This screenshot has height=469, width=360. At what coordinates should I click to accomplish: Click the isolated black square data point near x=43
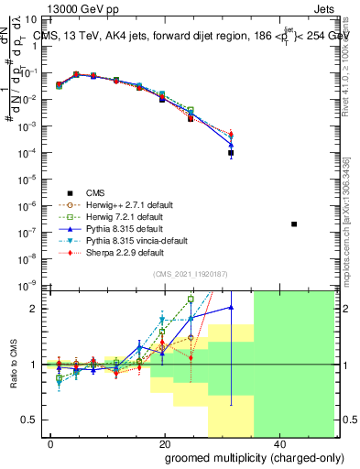(x=293, y=224)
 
